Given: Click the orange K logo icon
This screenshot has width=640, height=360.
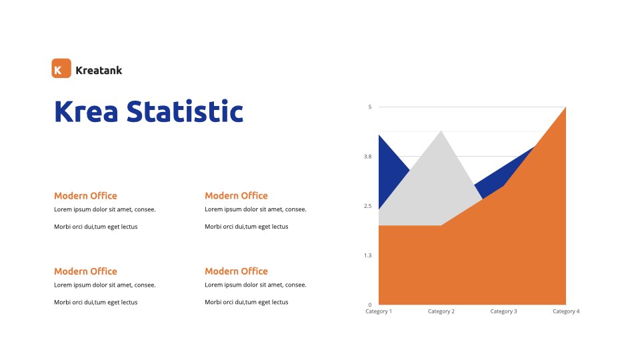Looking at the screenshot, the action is pos(61,68).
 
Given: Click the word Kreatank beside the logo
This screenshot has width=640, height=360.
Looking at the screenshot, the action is pos(99,71).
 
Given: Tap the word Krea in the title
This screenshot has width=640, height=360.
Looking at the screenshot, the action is pos(86,111).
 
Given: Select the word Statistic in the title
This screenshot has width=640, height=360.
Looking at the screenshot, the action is pos(185,111).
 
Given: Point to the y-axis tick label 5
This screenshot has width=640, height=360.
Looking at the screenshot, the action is pos(370,107).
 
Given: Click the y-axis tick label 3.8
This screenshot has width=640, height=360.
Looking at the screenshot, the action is pos(368,156).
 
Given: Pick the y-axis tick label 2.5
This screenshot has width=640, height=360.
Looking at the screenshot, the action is pos(368,206).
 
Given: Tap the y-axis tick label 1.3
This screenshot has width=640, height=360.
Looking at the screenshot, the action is pos(368,255).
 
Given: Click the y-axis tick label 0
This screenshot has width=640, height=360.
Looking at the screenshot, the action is pos(370,305).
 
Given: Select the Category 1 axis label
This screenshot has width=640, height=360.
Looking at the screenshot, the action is pos(379,311).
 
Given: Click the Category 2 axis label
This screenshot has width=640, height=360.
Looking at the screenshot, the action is pos(441,311).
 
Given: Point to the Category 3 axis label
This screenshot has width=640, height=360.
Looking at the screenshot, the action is pos(503,311).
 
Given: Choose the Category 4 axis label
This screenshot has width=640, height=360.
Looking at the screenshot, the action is pos(566,311).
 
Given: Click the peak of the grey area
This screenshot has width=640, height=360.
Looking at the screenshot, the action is pos(441,131).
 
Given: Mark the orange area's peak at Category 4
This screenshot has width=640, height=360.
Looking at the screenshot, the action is pos(565,107).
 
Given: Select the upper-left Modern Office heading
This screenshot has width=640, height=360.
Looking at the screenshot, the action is pos(86,196).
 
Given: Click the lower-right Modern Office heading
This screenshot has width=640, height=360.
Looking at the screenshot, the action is pos(236,271).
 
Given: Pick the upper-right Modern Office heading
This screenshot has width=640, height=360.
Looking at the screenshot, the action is pos(236,196).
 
